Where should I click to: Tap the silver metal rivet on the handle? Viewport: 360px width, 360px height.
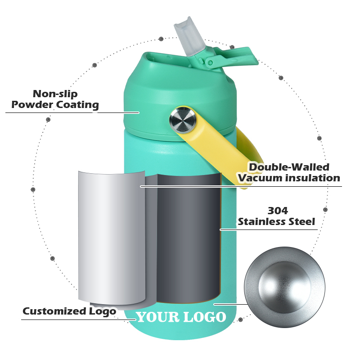[x=183, y=120]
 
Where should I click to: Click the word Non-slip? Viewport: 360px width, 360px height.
[x=55, y=94]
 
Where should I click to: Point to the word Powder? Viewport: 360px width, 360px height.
[x=32, y=105]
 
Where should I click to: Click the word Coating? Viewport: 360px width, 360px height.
[x=77, y=105]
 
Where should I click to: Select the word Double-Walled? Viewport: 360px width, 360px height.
[x=289, y=167]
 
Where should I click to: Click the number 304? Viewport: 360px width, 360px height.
[x=278, y=211]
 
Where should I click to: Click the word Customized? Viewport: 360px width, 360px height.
[x=54, y=311]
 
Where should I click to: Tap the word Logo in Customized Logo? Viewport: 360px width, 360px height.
[x=103, y=312]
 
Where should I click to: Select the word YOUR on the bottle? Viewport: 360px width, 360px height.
[x=158, y=317]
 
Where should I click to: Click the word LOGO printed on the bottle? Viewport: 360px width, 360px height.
[x=205, y=317]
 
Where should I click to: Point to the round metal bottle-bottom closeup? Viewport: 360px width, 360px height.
[x=284, y=288]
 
